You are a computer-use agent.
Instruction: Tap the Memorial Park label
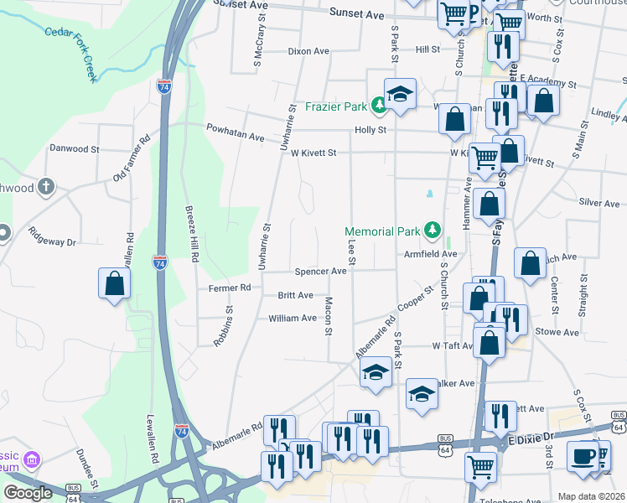[x=384, y=231]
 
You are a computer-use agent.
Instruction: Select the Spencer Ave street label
[x=319, y=272]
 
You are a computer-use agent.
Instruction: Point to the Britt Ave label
[x=295, y=295]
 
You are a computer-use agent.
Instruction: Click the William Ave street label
[x=292, y=319]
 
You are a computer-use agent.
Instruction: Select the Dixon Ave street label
[x=308, y=51]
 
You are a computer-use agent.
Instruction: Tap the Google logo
[x=28, y=493]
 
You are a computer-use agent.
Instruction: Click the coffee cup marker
[x=583, y=456]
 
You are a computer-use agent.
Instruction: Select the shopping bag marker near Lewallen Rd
[x=115, y=284]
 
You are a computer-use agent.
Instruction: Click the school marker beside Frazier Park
[x=401, y=94]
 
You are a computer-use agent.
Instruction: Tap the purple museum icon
[x=32, y=460]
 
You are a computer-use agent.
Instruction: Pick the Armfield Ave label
[x=430, y=253]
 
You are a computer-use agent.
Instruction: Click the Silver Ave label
[x=598, y=203]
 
